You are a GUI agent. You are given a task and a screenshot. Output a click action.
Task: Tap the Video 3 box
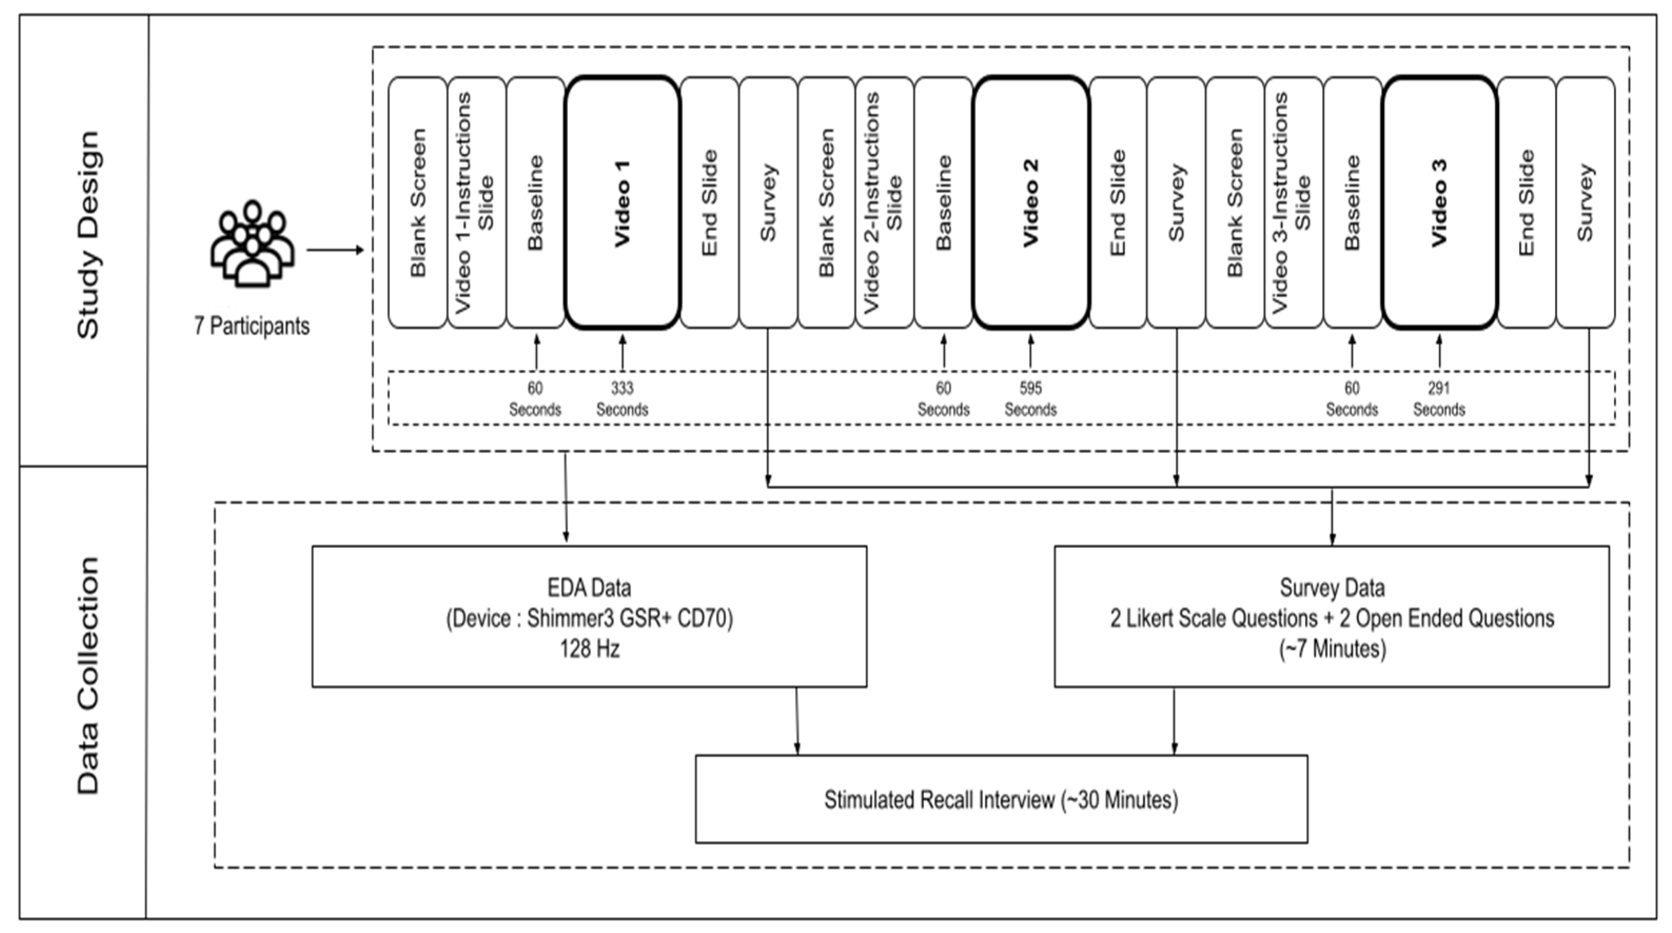coord(1439,203)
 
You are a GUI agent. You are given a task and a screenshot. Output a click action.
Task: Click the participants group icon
coord(252,243)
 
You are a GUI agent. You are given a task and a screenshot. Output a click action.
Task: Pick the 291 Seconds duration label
coord(1439,399)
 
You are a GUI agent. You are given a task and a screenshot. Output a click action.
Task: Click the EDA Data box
coord(589,616)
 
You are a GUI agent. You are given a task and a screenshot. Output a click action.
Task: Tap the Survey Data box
coord(1331,616)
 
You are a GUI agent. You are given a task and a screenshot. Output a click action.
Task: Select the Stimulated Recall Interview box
coord(1001,799)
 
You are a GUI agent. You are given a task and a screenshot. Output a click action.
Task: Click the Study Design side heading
coord(87,235)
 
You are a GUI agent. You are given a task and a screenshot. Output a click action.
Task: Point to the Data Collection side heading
coord(87,675)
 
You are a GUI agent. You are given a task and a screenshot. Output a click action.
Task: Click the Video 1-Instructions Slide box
coord(476,203)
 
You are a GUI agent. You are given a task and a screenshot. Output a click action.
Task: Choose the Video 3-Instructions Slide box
coord(1293,203)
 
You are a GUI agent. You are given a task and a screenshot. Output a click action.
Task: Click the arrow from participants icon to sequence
coord(335,250)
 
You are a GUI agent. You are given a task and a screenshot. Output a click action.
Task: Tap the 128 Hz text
coord(589,649)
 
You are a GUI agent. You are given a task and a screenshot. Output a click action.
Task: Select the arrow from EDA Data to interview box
coord(796,721)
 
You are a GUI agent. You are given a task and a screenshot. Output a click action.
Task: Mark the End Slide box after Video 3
coord(1526,203)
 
